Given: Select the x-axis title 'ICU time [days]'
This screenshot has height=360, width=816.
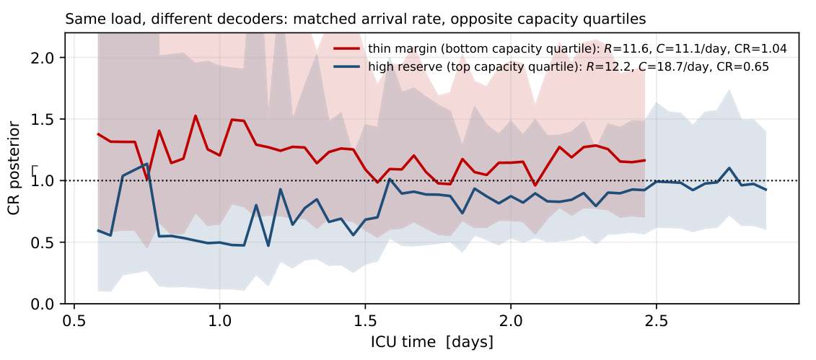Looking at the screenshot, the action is (x=432, y=342).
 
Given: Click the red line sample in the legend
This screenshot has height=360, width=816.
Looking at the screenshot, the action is (x=346, y=48).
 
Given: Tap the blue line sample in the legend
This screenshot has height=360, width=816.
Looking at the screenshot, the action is (x=346, y=66).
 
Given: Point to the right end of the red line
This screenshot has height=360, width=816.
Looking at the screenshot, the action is (x=645, y=160).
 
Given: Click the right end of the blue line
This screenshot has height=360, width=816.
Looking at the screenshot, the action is (x=766, y=189).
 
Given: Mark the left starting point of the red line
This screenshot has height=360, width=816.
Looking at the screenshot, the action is (x=98, y=133).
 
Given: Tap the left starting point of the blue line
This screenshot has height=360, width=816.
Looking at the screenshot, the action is (x=98, y=230).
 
